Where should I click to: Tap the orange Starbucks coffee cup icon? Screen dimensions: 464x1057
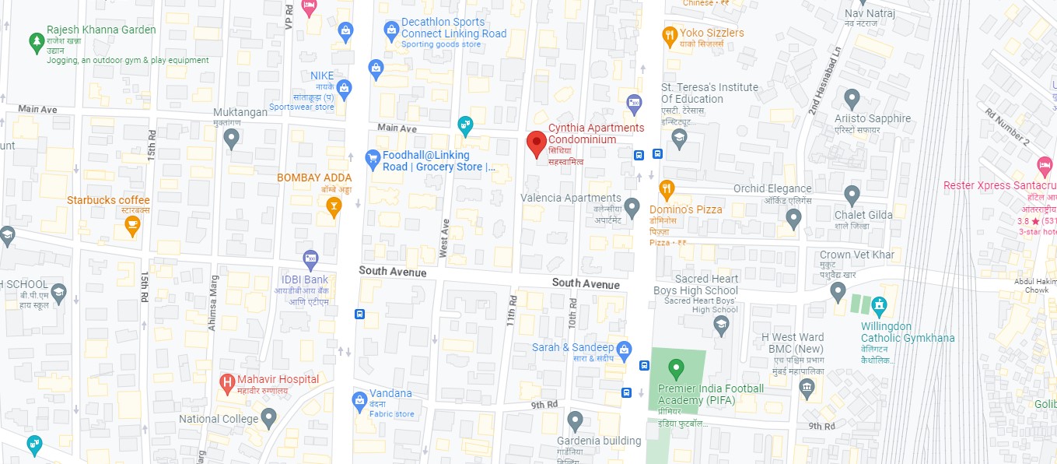coord(132,226)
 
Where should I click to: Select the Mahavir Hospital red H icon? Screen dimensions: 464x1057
coord(227,381)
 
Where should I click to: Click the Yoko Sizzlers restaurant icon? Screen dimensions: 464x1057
coord(668,34)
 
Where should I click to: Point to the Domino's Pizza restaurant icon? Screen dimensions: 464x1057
coord(666,188)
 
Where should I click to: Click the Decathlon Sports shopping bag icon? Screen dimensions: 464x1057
coord(391,30)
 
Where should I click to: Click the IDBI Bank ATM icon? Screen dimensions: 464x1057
coord(310,258)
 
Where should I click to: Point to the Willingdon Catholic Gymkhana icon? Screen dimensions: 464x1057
coord(878,304)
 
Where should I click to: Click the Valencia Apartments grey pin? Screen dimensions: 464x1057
coord(632,207)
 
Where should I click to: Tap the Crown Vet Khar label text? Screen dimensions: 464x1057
coord(856,255)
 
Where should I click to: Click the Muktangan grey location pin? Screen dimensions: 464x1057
coord(230,139)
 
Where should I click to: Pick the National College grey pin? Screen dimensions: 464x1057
coord(268,419)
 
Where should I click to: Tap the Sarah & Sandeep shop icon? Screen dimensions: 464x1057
coord(624,351)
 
